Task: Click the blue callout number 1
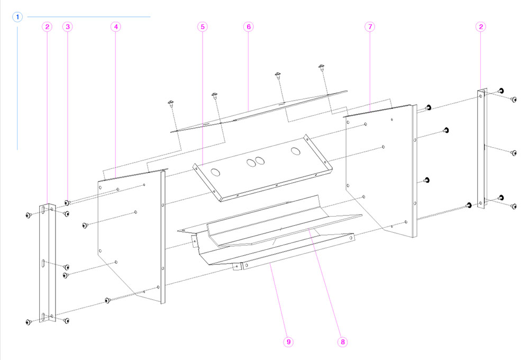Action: pos(18,17)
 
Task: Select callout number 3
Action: pos(67,26)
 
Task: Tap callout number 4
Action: pos(116,26)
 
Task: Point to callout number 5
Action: pos(203,26)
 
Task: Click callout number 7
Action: pos(370,26)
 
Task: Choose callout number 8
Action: pos(343,342)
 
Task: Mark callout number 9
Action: pos(288,342)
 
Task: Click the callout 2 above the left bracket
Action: pos(48,26)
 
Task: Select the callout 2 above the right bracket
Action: pos(480,26)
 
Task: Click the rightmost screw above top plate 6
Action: pos(321,67)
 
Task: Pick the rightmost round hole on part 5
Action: pos(295,150)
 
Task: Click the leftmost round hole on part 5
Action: pos(216,172)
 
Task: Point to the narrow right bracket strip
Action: pos(481,148)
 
